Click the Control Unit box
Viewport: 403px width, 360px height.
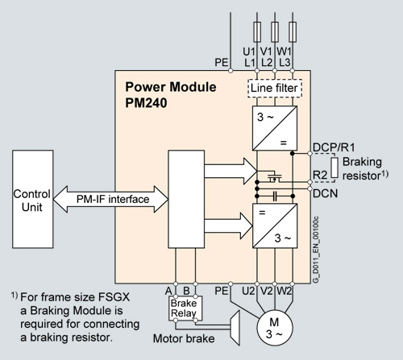tap(33, 199)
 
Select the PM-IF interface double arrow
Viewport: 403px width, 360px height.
tap(110, 199)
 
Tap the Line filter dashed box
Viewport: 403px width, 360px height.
tap(275, 89)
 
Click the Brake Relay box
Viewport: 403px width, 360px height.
tap(185, 308)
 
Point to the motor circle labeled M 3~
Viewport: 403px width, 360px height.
tap(275, 328)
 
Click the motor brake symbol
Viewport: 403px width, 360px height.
tap(235, 328)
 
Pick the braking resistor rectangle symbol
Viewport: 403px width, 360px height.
tap(334, 168)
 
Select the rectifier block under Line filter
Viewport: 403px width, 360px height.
tap(275, 128)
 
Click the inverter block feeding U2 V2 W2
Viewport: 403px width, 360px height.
tap(275, 226)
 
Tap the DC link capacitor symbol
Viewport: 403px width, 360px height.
tap(275, 197)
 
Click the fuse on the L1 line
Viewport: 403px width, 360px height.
tap(257, 32)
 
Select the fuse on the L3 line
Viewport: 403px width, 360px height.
tap(293, 32)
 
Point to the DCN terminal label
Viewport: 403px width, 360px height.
tap(325, 193)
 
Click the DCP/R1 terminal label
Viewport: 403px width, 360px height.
tap(334, 147)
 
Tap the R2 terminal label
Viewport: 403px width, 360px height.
tap(320, 175)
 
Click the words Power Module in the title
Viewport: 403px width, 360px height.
tap(171, 87)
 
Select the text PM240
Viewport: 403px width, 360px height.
tap(146, 103)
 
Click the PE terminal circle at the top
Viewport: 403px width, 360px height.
tap(231, 71)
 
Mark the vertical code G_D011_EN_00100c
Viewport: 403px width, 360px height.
tap(316, 249)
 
